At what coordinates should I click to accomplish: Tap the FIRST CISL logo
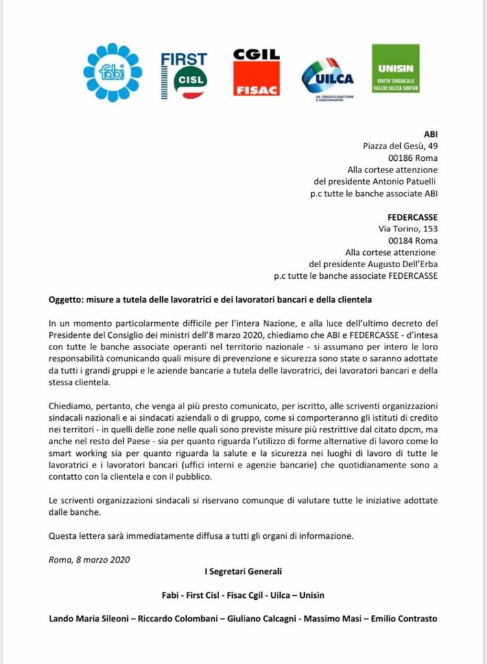pos(184,75)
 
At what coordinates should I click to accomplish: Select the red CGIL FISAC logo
pos(256,72)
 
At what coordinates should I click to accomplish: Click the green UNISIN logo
pos(395,69)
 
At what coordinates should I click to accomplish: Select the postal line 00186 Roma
pos(412,158)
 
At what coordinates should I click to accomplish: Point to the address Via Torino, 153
pos(407,229)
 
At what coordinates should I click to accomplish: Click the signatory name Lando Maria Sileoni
pos(89,618)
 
